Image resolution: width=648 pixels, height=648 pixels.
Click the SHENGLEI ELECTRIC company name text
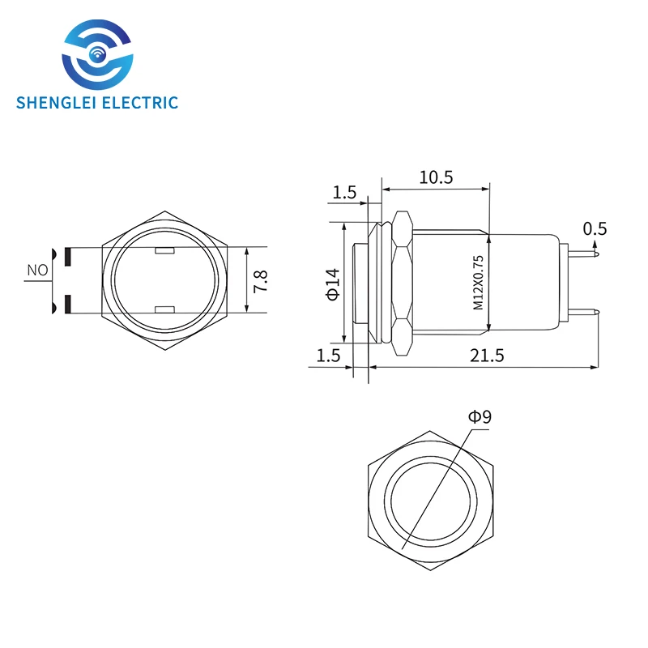pyautogui.click(x=96, y=102)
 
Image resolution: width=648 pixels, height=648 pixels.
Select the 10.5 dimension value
pyautogui.click(x=435, y=177)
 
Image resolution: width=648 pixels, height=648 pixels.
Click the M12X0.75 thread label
pyautogui.click(x=478, y=283)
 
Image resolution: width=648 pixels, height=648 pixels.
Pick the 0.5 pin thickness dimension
pyautogui.click(x=595, y=228)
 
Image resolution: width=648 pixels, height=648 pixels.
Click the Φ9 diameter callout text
pyautogui.click(x=480, y=417)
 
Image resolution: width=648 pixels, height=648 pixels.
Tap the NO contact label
pyautogui.click(x=37, y=270)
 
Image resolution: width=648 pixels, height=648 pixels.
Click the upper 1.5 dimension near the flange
pyautogui.click(x=344, y=192)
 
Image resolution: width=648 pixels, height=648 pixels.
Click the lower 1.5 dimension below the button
pyautogui.click(x=327, y=355)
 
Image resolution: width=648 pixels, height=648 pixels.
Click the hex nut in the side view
pyautogui.click(x=401, y=281)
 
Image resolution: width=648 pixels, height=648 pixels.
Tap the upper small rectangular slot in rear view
pyautogui.click(x=164, y=250)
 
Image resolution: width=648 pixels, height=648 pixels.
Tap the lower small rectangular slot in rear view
pyautogui.click(x=164, y=309)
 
